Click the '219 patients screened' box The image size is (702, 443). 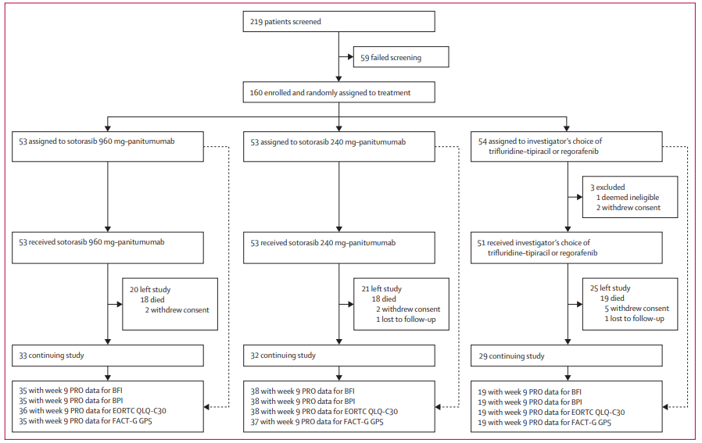[339, 21]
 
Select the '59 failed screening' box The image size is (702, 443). [401, 57]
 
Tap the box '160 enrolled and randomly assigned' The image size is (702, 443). [339, 92]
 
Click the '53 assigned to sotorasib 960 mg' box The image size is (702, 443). [108, 146]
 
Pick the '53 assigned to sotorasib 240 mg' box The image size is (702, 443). [339, 146]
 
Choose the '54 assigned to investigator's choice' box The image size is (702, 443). [566, 146]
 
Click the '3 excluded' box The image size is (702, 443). [630, 197]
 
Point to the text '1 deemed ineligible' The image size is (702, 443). [628, 198]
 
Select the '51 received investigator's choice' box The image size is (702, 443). [566, 248]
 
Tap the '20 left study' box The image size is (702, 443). [170, 304]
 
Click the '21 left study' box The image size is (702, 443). [401, 304]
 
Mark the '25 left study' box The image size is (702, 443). [630, 304]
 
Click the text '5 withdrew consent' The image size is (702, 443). [636, 309]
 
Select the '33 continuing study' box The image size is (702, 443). [108, 355]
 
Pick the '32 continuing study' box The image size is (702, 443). [339, 355]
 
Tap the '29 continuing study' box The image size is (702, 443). [566, 355]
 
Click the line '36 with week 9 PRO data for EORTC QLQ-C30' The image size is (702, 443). [93, 411]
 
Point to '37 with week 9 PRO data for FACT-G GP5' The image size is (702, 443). [317, 422]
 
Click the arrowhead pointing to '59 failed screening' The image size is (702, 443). [350, 57]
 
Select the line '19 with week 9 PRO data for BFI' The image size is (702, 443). [530, 392]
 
